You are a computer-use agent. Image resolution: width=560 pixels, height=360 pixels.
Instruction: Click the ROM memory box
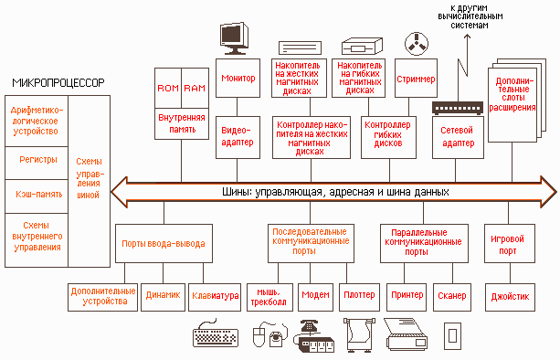pyautogui.click(x=168, y=89)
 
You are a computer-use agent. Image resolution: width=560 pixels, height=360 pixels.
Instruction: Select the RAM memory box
pyautogui.click(x=195, y=89)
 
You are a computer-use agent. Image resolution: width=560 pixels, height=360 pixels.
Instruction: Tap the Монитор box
pyautogui.click(x=238, y=79)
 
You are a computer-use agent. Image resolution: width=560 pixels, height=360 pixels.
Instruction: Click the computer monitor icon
pyautogui.click(x=234, y=38)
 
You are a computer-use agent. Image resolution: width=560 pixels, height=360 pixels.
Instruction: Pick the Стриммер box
pyautogui.click(x=416, y=79)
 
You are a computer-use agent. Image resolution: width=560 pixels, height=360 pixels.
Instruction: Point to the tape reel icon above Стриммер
pyautogui.click(x=417, y=44)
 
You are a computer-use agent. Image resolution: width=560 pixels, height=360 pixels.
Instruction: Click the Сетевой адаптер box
pyautogui.click(x=458, y=137)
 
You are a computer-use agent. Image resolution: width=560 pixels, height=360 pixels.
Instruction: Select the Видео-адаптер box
pyautogui.click(x=238, y=137)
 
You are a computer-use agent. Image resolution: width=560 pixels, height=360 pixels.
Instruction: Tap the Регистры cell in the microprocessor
pyautogui.click(x=37, y=163)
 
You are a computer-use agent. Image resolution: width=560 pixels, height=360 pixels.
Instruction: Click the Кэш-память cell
pyautogui.click(x=37, y=196)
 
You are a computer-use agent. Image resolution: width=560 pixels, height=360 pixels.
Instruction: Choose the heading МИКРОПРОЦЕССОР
pyautogui.click(x=58, y=83)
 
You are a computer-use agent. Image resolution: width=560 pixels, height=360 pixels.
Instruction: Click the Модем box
pyautogui.click(x=315, y=297)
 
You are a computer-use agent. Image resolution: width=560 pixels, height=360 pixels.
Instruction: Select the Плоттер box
pyautogui.click(x=359, y=297)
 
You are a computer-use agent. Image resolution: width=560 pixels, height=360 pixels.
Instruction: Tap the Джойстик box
pyautogui.click(x=510, y=297)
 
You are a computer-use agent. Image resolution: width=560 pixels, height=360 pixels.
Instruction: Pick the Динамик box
pyautogui.click(x=164, y=297)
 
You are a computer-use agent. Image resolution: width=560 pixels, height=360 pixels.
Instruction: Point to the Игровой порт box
pyautogui.click(x=510, y=244)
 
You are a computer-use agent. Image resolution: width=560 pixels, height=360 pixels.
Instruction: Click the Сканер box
pyautogui.click(x=452, y=297)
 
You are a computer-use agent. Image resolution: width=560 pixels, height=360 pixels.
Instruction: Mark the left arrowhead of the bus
pyautogui.click(x=119, y=192)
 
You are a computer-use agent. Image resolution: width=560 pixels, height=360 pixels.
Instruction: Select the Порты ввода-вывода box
pyautogui.click(x=164, y=244)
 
